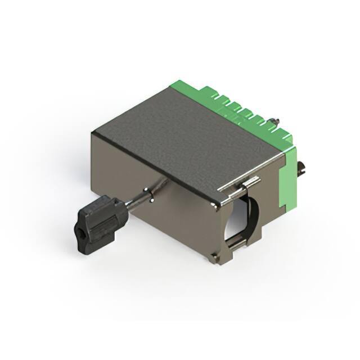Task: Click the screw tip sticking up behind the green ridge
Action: (276, 120)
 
